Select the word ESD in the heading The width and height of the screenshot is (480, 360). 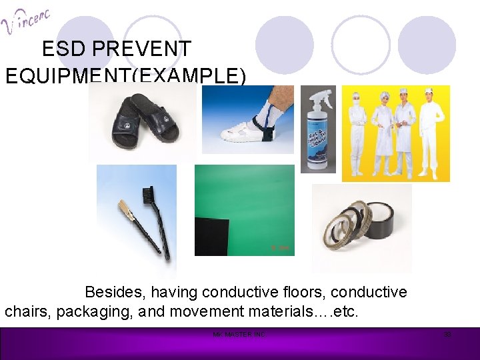pyautogui.click(x=63, y=49)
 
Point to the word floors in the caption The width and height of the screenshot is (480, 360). pyautogui.click(x=303, y=293)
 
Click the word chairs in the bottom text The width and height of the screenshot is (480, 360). pyautogui.click(x=27, y=311)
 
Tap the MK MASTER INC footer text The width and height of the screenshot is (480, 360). pyautogui.click(x=239, y=334)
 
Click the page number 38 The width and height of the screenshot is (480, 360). pyautogui.click(x=447, y=334)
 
